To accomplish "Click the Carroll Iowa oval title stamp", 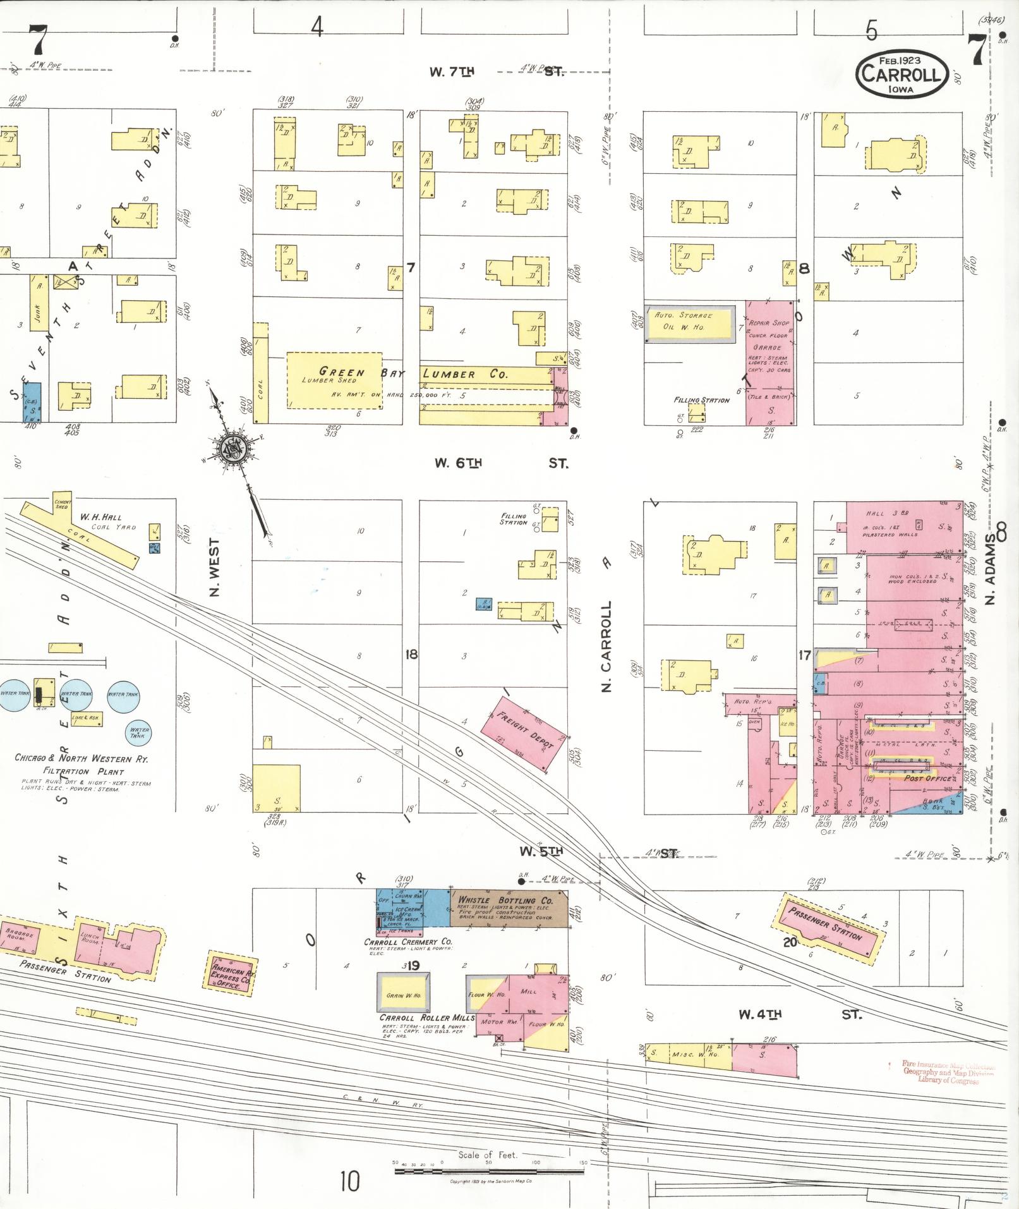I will [x=902, y=74].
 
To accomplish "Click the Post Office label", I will [x=928, y=779].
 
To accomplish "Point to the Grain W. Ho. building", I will [x=404, y=995].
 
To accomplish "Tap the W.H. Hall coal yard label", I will [x=101, y=521].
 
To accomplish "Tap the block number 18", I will [x=411, y=655].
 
